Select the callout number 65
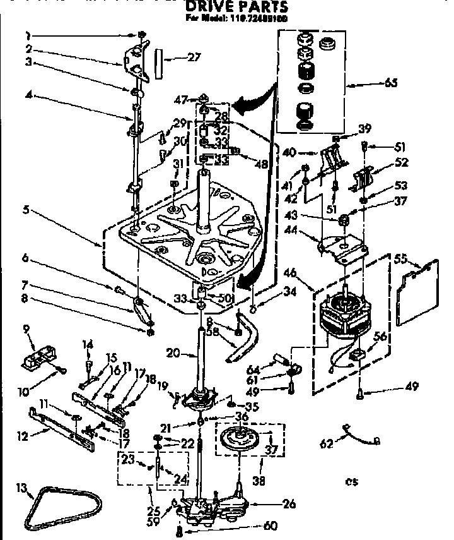[x=391, y=83]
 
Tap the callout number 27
[x=194, y=57]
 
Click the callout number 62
[x=326, y=443]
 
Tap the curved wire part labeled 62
[x=361, y=435]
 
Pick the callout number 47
[x=180, y=99]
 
